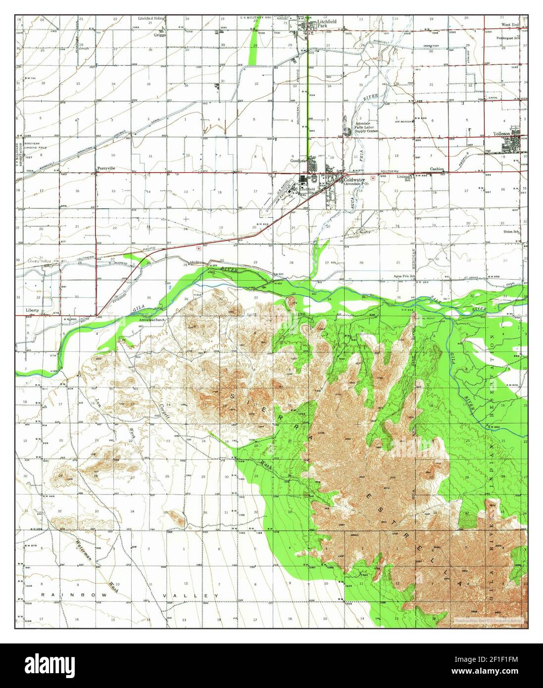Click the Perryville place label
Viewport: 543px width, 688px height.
point(106,168)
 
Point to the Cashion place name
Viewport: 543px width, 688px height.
point(437,169)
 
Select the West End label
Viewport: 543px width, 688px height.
point(510,24)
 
